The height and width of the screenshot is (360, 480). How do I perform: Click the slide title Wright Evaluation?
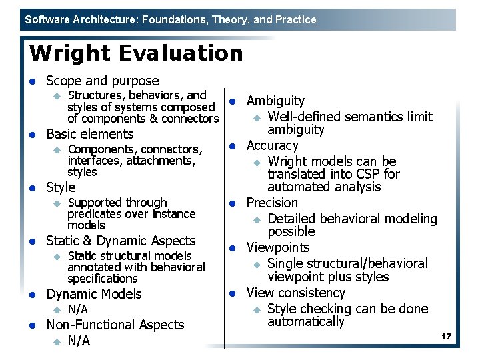click(x=137, y=53)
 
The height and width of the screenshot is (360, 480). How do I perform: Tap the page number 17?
click(x=446, y=337)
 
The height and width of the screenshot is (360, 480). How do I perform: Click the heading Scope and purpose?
click(x=102, y=81)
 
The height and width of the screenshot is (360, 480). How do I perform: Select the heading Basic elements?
click(x=90, y=134)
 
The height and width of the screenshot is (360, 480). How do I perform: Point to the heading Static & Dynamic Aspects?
click(x=121, y=241)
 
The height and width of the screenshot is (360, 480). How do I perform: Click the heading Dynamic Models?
click(x=94, y=294)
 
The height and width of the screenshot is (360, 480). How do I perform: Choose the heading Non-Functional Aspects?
click(x=115, y=325)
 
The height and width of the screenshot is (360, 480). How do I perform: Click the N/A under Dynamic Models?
click(x=78, y=309)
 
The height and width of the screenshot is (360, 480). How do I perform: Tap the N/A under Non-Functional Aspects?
click(x=79, y=341)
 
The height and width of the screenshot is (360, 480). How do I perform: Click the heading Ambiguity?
click(x=275, y=101)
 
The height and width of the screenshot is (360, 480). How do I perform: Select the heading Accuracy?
click(x=272, y=145)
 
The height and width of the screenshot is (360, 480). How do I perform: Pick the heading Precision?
click(x=272, y=203)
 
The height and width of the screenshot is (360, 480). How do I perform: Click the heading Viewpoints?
click(x=278, y=247)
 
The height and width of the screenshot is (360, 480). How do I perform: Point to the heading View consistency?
click(x=295, y=293)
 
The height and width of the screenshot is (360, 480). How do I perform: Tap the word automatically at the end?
click(x=306, y=321)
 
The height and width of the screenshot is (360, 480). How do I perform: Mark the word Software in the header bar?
click(x=47, y=19)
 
